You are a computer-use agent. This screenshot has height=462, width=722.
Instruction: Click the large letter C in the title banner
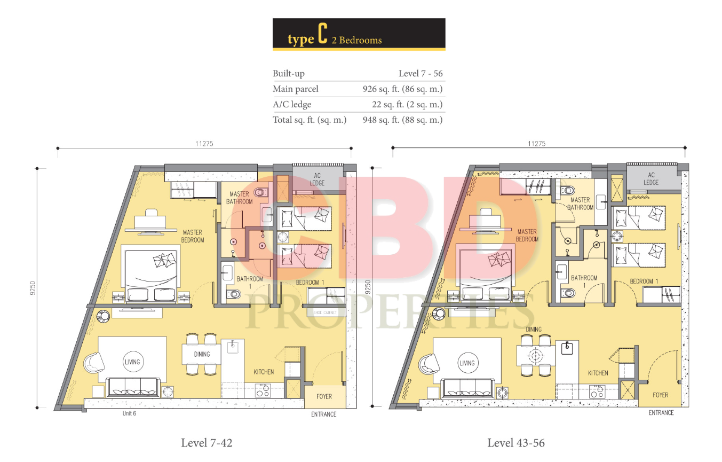323,33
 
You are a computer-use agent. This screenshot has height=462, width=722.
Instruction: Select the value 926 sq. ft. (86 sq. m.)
402,89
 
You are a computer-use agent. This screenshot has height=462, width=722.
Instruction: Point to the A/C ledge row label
292,105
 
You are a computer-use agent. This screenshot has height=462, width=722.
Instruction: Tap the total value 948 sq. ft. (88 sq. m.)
402,120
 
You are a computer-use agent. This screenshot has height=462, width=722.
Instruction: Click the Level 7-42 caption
207,443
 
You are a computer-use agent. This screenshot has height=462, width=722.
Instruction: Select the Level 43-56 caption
516,443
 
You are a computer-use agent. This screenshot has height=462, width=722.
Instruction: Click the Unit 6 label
129,413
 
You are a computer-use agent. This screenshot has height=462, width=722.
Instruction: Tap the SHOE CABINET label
325,312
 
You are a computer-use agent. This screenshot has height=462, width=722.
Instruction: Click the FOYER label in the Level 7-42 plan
324,396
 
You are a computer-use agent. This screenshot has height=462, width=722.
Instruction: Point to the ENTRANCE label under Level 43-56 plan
661,413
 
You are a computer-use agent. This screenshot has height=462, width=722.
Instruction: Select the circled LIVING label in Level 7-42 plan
132,362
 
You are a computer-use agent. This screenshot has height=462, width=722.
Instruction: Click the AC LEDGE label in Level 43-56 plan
651,179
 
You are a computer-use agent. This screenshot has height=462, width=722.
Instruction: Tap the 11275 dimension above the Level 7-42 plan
204,144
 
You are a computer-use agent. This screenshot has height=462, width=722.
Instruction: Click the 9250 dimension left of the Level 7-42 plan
33,288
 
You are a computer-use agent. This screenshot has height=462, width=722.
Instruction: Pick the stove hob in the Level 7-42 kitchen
263,390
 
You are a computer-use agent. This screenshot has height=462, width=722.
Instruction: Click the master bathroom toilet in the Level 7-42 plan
261,193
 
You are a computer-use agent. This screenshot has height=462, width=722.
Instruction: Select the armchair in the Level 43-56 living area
429,364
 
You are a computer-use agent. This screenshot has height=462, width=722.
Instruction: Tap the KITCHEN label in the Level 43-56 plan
598,373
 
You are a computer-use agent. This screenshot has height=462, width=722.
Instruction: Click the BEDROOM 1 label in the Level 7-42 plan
310,283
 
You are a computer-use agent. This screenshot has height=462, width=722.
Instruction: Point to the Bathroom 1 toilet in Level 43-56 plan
568,293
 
